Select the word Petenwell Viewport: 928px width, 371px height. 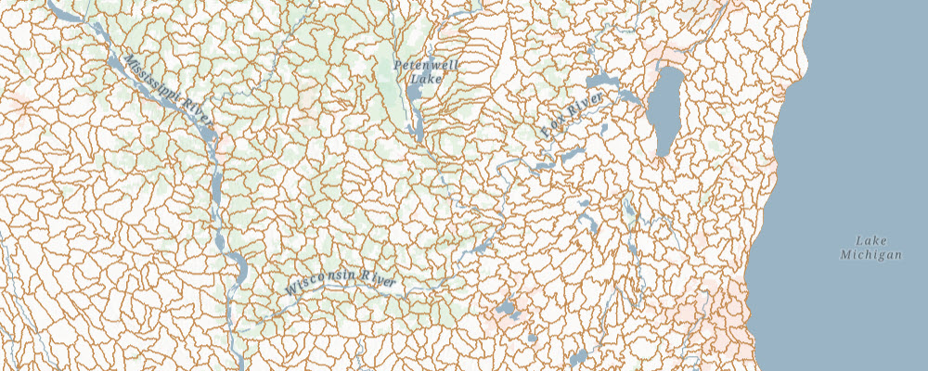point(420,65)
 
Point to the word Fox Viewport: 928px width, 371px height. point(552,130)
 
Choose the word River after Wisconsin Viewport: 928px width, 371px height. point(380,277)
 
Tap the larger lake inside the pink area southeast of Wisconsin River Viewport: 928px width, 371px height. point(507,308)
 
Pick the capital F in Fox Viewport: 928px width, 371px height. point(545,135)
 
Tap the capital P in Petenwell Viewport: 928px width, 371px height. point(398,66)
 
